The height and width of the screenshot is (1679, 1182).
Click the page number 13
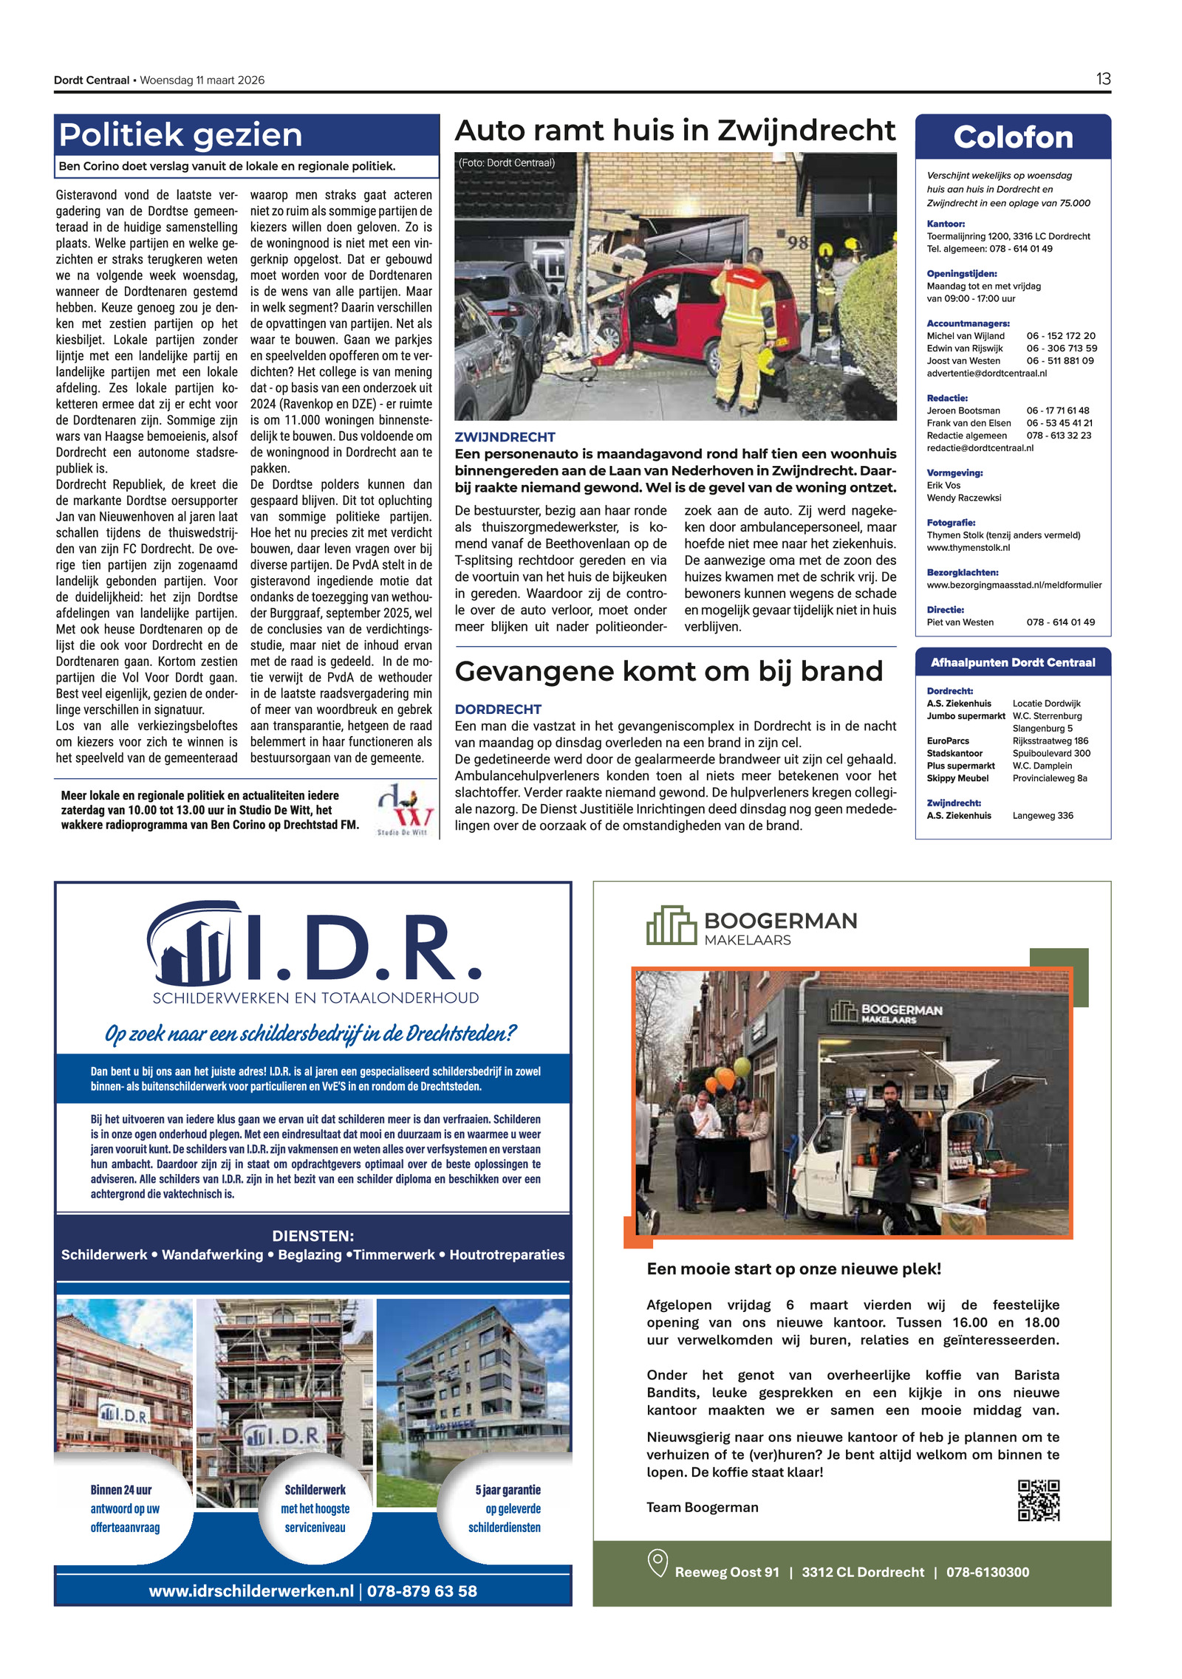pos(1102,79)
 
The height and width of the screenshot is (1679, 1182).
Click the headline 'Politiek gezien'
pos(180,135)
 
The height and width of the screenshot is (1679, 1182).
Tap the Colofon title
pos(1012,137)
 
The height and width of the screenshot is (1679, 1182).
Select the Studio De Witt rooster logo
pos(404,808)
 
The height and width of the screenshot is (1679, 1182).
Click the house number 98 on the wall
pos(796,242)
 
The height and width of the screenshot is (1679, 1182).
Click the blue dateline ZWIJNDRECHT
pos(505,437)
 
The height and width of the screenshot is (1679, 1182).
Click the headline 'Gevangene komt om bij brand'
pos(669,671)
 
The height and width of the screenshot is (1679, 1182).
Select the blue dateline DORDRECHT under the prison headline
pos(498,709)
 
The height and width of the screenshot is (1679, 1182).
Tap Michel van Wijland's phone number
pos(1060,336)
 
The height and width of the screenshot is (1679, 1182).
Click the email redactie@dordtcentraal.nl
pos(980,448)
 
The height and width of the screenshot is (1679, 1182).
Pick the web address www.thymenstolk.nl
pos(968,548)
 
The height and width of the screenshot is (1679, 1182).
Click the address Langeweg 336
pos(1042,816)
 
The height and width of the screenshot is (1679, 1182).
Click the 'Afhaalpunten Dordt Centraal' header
pos(1012,662)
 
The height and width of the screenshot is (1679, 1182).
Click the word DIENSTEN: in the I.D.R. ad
pos(313,1236)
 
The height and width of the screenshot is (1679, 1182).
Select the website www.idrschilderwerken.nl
pos(251,1590)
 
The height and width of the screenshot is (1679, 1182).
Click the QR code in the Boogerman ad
pos(1038,1500)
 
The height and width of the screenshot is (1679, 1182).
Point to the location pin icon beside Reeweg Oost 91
pos(657,1563)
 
